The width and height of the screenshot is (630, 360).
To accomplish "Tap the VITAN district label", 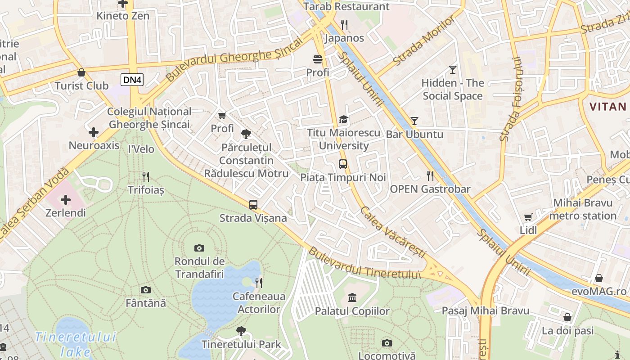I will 607,107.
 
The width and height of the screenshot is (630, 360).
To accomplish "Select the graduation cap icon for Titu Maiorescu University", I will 343,120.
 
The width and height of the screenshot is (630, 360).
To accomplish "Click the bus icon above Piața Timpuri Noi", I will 343,164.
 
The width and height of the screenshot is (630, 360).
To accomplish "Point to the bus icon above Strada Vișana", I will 253,205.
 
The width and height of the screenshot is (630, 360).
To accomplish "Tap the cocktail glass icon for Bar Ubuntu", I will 414,121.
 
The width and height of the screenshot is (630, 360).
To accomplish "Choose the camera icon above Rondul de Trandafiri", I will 199,248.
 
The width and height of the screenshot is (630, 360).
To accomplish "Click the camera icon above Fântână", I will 145,290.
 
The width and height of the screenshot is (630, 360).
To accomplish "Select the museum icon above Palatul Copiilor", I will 352,298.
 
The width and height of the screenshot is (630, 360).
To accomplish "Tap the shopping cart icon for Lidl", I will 528,217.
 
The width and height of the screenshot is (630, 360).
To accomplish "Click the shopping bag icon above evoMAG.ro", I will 598,278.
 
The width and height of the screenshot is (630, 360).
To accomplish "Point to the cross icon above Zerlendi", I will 66,199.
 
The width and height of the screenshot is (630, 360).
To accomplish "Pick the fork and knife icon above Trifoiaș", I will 145,176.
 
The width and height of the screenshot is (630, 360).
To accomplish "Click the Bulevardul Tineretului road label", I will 364,264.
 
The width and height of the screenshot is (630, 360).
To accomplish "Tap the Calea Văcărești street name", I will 392,233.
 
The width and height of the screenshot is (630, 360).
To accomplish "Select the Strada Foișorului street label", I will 511,99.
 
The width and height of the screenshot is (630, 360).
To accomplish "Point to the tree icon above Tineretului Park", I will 241,331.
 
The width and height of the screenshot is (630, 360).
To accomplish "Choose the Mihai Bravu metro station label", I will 583,209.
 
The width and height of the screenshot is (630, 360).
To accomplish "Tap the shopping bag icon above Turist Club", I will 81,72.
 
